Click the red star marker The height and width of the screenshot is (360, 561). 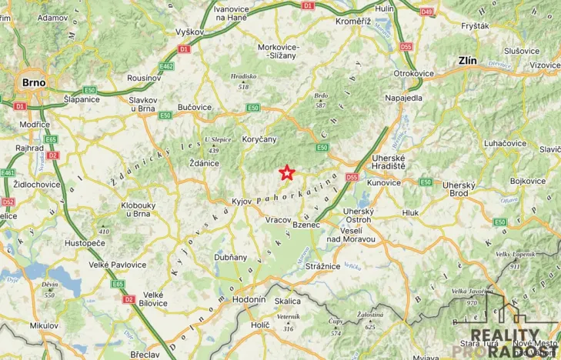(286, 172)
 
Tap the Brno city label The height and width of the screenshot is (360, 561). (35, 82)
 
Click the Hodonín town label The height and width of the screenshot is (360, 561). (249, 299)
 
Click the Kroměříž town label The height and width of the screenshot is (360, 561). (353, 22)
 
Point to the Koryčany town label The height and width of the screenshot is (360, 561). (264, 138)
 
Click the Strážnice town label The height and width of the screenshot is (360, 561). (322, 266)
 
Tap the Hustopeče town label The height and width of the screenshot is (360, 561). (85, 242)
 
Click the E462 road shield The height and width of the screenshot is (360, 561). (166, 66)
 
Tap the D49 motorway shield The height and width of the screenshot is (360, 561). (426, 12)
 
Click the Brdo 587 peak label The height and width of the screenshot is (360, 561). (322, 99)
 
